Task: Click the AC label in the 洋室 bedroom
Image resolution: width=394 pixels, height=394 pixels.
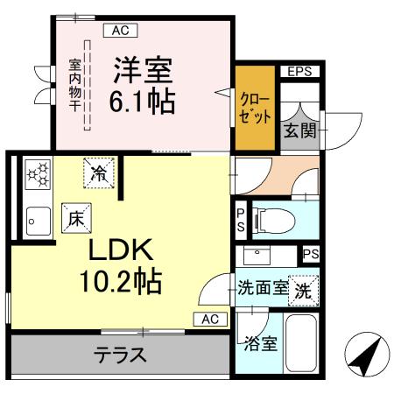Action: pyautogui.click(x=121, y=32)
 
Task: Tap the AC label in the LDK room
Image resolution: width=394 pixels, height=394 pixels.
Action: pyautogui.click(x=210, y=319)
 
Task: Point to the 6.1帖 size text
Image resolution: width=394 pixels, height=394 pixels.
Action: pyautogui.click(x=142, y=101)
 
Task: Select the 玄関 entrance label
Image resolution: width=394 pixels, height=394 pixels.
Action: pyautogui.click(x=294, y=131)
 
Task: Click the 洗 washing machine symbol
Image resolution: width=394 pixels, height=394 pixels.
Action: pyautogui.click(x=302, y=288)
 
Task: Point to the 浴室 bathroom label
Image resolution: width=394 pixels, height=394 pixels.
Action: pyautogui.click(x=262, y=342)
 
